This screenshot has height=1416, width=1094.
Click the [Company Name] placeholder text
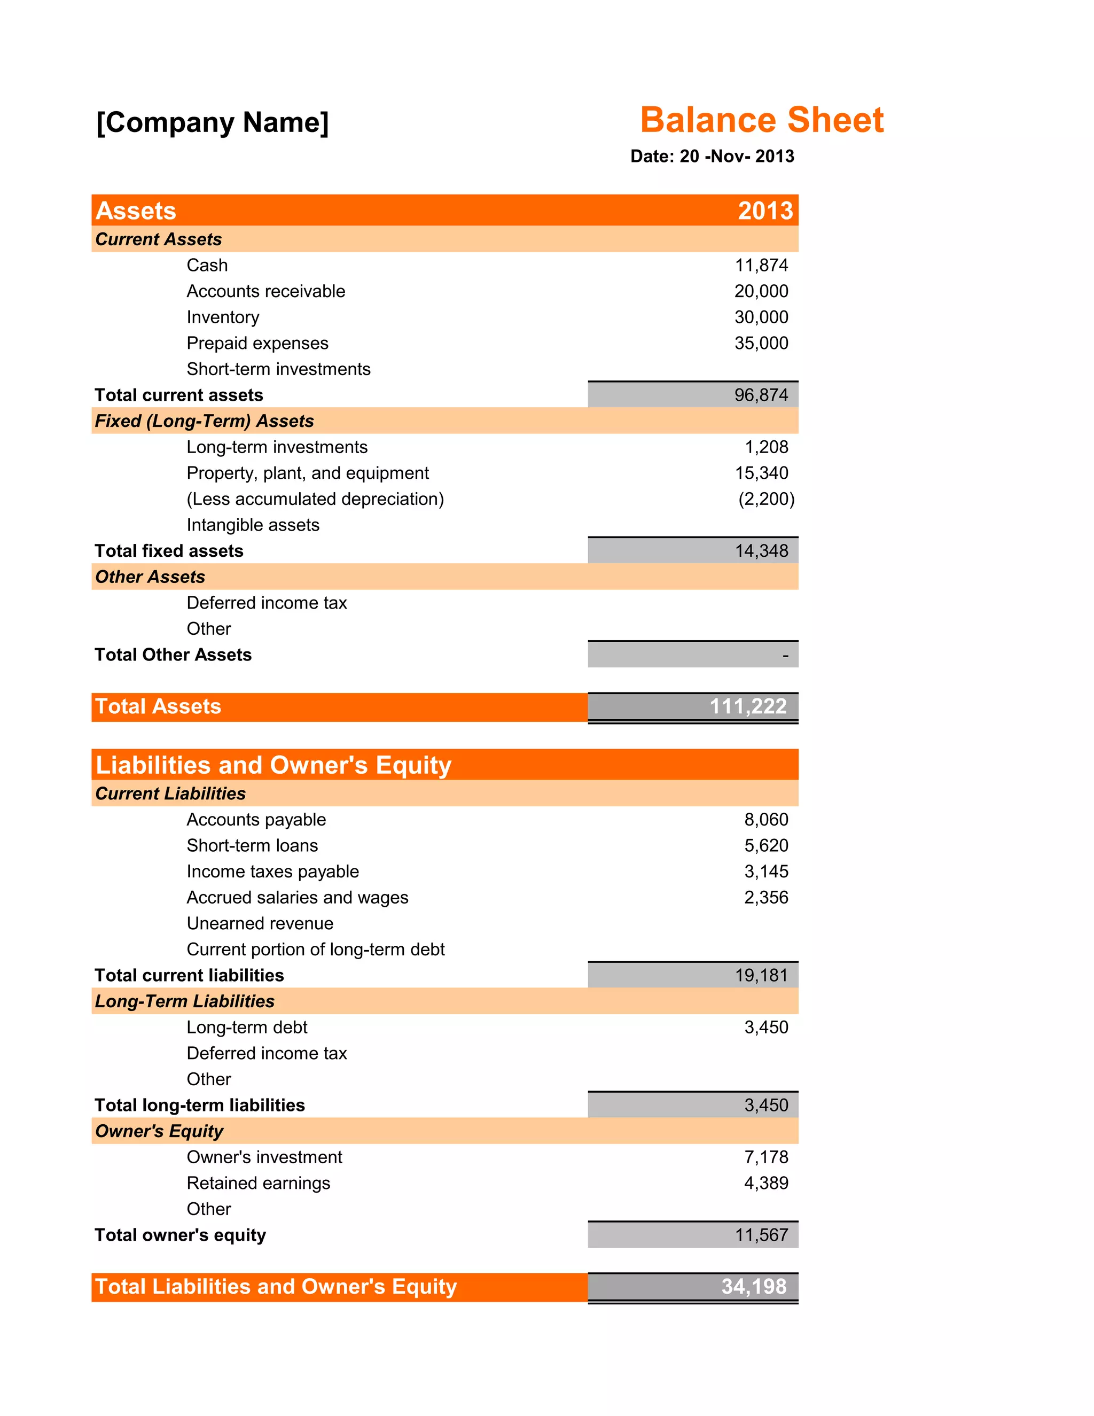(x=213, y=122)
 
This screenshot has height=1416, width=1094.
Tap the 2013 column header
(x=765, y=211)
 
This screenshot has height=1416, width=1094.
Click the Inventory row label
(x=222, y=317)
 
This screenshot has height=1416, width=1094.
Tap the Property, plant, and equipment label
(x=307, y=473)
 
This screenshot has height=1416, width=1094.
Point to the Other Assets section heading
(x=150, y=577)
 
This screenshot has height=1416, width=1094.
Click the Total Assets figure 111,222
(x=748, y=706)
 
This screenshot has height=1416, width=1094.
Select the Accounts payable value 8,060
(x=765, y=820)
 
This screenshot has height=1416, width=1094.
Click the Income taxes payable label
(x=272, y=872)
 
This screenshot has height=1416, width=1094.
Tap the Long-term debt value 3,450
(x=765, y=1027)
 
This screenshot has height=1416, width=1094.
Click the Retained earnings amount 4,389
(x=765, y=1182)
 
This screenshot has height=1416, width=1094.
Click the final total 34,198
(x=754, y=1286)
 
